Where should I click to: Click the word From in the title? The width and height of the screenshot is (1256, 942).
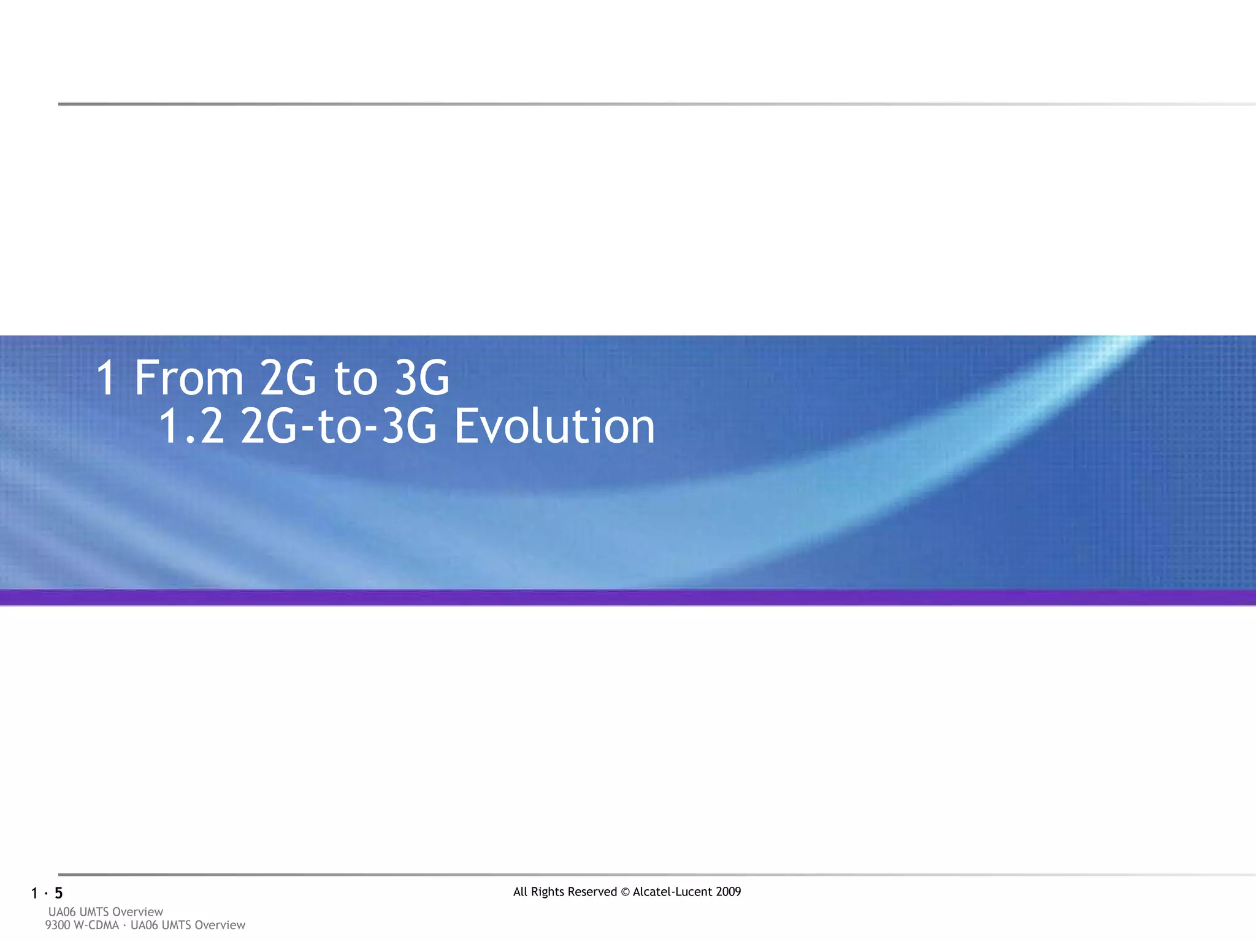click(x=189, y=378)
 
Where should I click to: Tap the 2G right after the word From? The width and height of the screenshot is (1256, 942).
click(x=288, y=378)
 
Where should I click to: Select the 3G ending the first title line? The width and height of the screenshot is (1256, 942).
click(x=422, y=378)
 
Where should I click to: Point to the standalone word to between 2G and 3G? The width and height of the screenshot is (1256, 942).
click(x=356, y=378)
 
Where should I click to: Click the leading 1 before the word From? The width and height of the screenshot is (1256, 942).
click(x=107, y=378)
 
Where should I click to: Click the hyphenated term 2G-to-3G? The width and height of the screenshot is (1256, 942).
click(x=339, y=426)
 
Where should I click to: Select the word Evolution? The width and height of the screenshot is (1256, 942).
click(x=554, y=426)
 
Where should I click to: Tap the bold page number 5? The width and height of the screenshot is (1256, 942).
click(x=59, y=893)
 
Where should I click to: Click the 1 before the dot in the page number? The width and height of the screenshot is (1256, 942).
click(x=34, y=894)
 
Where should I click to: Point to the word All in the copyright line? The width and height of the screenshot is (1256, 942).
click(x=520, y=892)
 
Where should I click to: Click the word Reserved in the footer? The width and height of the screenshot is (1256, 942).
click(x=594, y=892)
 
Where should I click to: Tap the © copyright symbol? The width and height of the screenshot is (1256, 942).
click(x=625, y=892)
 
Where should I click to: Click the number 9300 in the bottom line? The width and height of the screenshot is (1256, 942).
click(x=58, y=925)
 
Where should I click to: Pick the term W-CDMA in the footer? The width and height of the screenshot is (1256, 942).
click(x=96, y=925)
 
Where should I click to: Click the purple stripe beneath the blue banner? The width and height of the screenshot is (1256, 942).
click(x=628, y=598)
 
